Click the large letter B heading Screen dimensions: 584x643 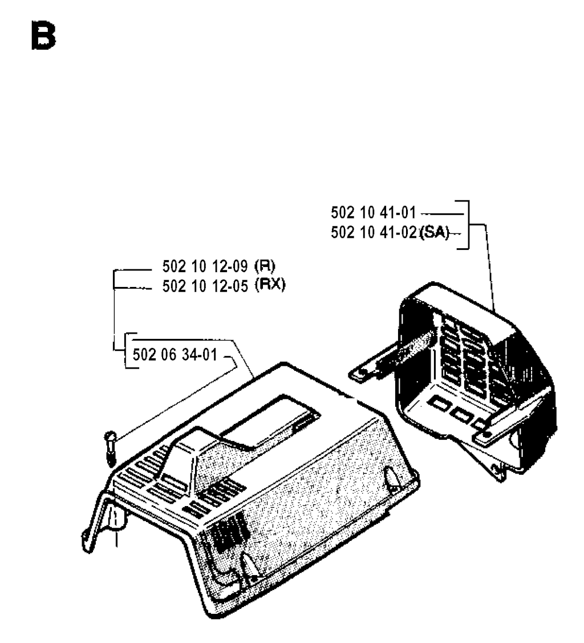[43, 36]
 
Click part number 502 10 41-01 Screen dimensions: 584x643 [374, 213]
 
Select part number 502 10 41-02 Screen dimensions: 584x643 [374, 233]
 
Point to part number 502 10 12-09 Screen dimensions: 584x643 [205, 266]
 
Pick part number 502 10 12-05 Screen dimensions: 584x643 [205, 286]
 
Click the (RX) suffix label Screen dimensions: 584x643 [270, 285]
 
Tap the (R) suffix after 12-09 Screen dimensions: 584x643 [265, 266]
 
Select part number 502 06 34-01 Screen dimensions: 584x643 [175, 355]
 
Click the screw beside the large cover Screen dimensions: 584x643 [110, 448]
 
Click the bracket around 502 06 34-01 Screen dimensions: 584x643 [131, 350]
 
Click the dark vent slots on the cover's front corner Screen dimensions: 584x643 [228, 533]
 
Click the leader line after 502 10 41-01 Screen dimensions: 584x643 [442, 214]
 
